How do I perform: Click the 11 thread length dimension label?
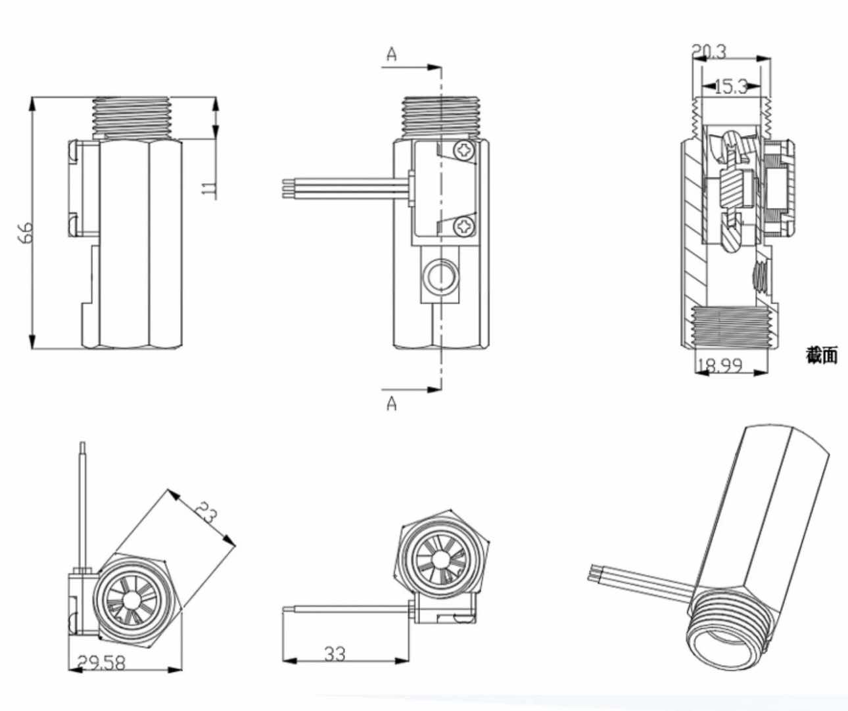(208, 189)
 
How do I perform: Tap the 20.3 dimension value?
(709, 51)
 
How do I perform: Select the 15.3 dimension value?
(730, 86)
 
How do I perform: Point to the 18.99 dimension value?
(719, 365)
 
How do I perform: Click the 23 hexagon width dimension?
(206, 512)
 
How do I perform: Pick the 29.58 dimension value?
(101, 662)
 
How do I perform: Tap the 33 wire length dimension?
(335, 654)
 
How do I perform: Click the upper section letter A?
(392, 55)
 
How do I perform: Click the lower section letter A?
(392, 403)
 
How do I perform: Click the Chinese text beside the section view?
(822, 355)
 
